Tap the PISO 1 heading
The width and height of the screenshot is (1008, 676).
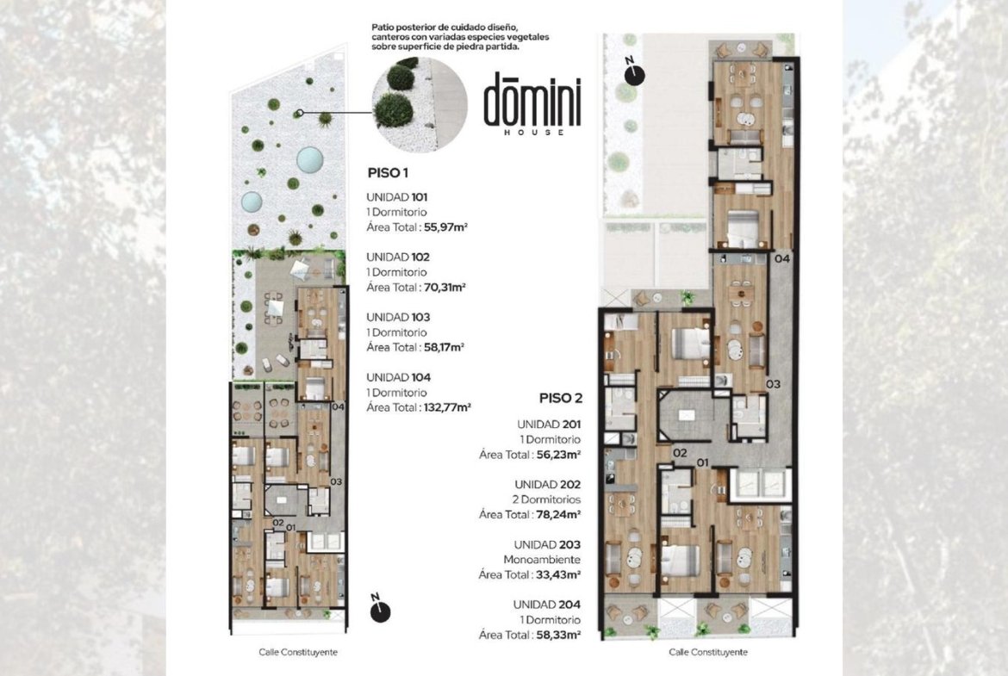pyautogui.click(x=388, y=173)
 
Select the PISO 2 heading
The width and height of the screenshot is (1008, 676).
pyautogui.click(x=561, y=399)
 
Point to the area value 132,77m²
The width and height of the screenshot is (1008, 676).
pyautogui.click(x=447, y=407)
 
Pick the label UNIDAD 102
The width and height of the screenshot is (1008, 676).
pyautogui.click(x=398, y=257)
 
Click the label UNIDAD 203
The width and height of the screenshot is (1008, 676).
pyautogui.click(x=547, y=545)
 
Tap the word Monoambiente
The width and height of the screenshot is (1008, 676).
pyautogui.click(x=542, y=560)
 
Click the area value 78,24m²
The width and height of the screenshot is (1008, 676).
pyautogui.click(x=558, y=514)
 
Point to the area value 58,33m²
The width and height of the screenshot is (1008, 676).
pyautogui.click(x=558, y=635)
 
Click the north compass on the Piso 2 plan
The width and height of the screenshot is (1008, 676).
pyautogui.click(x=634, y=72)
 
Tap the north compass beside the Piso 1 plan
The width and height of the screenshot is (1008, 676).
pyautogui.click(x=380, y=609)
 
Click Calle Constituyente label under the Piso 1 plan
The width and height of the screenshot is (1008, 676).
pyautogui.click(x=298, y=652)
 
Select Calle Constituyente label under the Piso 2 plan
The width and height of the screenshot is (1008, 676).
pyautogui.click(x=708, y=652)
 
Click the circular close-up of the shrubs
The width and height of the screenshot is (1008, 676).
pyautogui.click(x=420, y=105)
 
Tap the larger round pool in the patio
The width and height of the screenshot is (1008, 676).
pyautogui.click(x=309, y=160)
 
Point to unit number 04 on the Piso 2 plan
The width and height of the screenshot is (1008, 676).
pyautogui.click(x=782, y=259)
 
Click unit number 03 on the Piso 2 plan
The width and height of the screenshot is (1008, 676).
pyautogui.click(x=774, y=384)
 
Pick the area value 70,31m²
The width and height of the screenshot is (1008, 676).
pyautogui.click(x=445, y=288)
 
